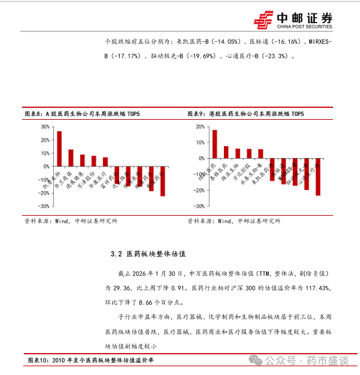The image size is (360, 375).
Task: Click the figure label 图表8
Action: click(x=33, y=114)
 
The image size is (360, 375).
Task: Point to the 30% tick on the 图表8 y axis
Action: click(x=45, y=126)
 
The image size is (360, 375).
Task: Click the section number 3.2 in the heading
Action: click(x=115, y=254)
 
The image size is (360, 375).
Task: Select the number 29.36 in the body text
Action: click(x=115, y=287)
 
